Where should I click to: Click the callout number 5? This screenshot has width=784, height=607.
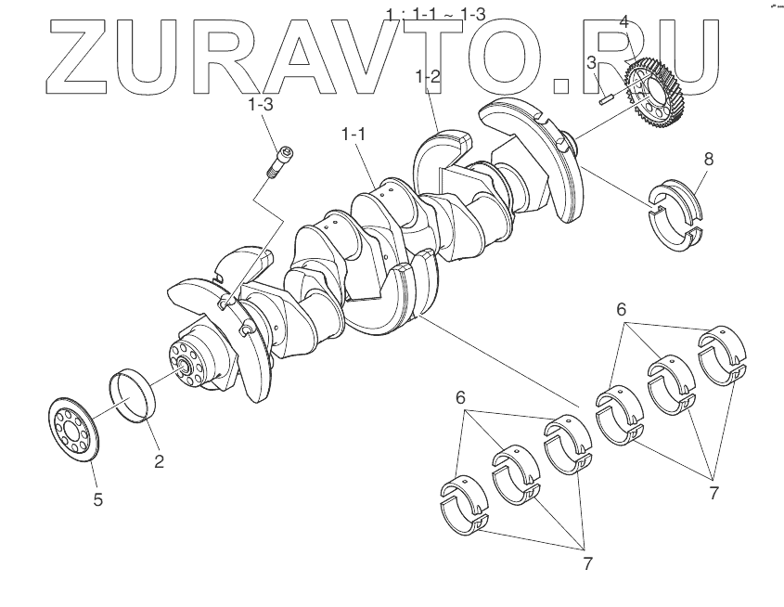point(97,499)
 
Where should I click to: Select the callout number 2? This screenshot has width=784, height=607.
point(159,460)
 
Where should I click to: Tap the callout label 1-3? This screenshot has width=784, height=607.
point(260,105)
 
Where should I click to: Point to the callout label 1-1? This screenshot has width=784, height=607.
point(353,135)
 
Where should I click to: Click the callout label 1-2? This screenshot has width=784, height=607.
point(428,77)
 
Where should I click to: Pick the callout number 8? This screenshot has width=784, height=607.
point(709,159)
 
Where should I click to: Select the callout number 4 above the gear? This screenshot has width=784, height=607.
point(624,21)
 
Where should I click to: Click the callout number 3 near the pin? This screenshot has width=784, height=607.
point(591,62)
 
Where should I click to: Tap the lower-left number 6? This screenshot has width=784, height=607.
point(461,397)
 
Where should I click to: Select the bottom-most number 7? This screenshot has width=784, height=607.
point(587,562)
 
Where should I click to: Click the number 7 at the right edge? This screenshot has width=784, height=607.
point(713,493)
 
